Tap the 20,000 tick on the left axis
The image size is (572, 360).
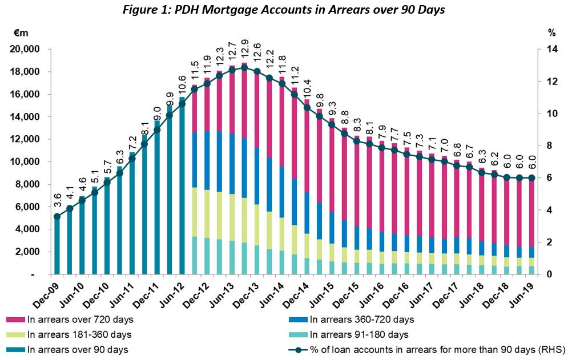25,50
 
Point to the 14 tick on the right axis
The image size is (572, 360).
550,50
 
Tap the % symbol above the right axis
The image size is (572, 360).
552,33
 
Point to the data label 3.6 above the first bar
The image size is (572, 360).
57,201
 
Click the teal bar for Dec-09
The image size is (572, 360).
57,248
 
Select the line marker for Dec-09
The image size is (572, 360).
57,216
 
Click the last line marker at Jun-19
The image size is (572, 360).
531,177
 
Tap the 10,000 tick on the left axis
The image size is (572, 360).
25,162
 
